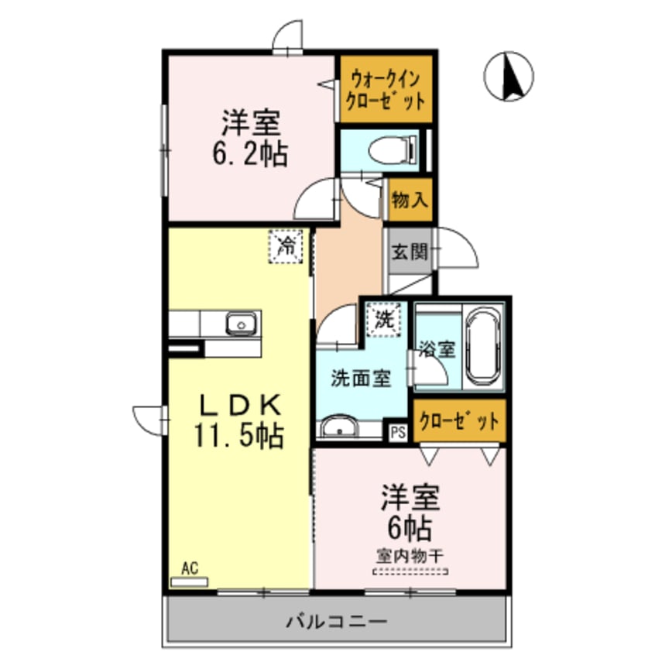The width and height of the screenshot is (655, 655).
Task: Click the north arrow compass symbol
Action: pyautogui.click(x=509, y=77)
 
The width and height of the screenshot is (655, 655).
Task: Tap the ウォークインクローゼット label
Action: pyautogui.click(x=385, y=89)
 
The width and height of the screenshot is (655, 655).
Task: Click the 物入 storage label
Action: pyautogui.click(x=410, y=201)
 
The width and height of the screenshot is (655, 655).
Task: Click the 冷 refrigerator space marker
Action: pyautogui.click(x=286, y=248)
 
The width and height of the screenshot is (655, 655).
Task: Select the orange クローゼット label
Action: pyautogui.click(x=458, y=421)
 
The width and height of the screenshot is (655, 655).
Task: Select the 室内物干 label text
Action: pyautogui.click(x=410, y=554)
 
